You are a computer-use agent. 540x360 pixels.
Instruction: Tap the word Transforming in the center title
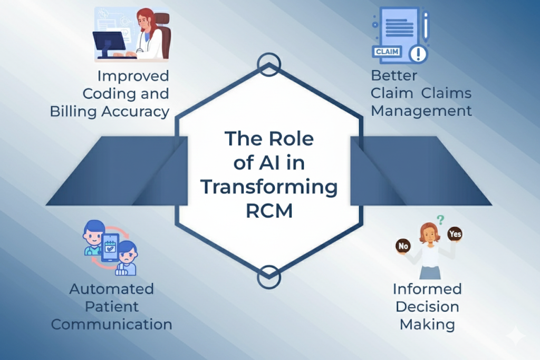tap(269, 187)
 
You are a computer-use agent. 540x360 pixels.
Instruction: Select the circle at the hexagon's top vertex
tap(269, 64)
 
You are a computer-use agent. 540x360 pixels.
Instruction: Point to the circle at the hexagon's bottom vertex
tap(269, 277)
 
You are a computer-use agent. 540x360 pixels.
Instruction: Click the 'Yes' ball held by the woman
tap(454, 233)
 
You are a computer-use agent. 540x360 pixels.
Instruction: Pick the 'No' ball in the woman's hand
tap(403, 246)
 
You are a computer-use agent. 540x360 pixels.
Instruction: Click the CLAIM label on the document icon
tap(387, 52)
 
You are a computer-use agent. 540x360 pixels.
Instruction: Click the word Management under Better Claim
tap(421, 111)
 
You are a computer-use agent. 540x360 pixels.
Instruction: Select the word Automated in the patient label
tap(111, 289)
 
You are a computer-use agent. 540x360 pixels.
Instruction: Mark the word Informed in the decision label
tap(427, 289)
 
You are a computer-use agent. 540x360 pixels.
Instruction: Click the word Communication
tap(111, 324)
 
